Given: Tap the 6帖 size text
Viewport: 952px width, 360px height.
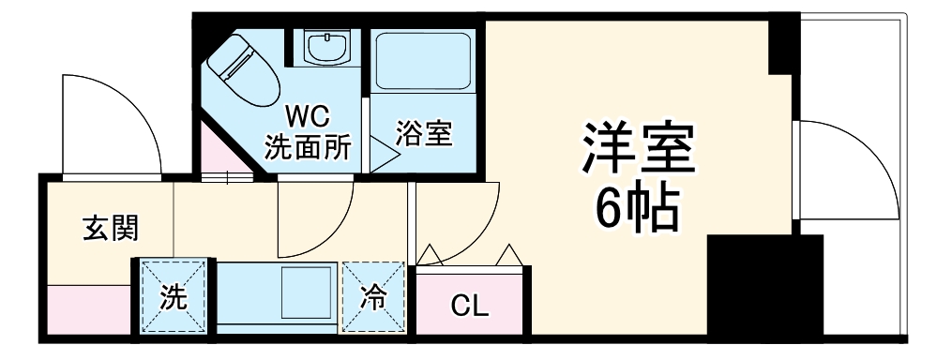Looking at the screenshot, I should (638, 212).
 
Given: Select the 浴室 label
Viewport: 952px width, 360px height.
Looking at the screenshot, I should (424, 134).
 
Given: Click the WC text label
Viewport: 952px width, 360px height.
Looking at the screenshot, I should (308, 117).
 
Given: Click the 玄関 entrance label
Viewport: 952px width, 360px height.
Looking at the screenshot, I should (111, 227).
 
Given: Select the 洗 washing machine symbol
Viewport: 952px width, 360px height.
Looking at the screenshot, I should (174, 297).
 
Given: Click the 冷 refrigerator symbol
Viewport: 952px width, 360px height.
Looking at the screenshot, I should (374, 298).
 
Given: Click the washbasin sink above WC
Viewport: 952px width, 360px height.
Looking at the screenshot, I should (328, 47).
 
